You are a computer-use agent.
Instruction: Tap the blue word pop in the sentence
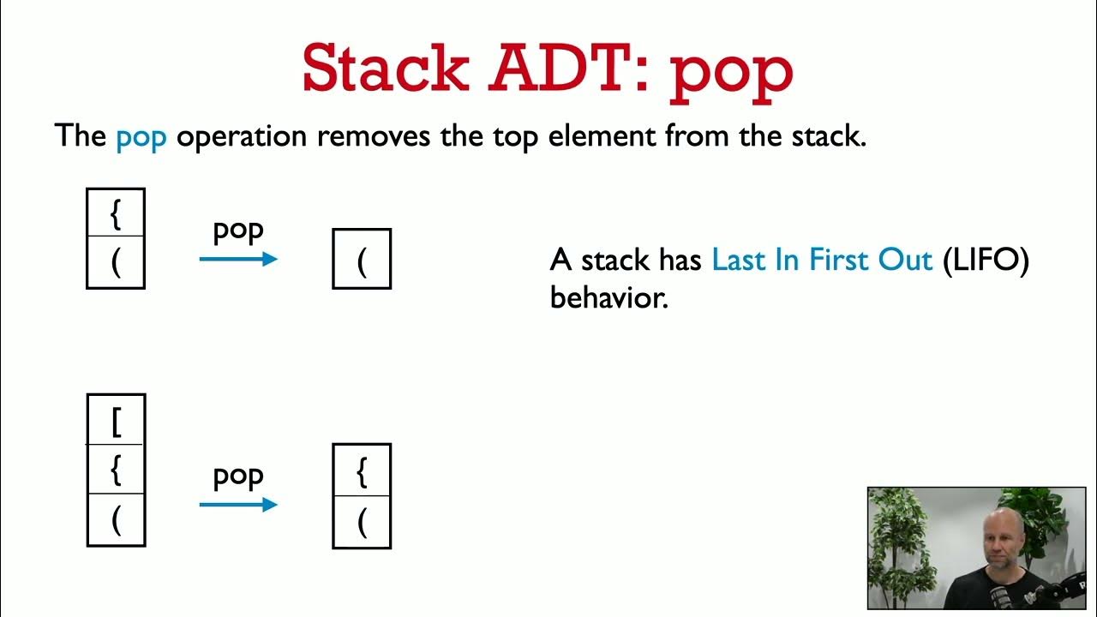(x=141, y=136)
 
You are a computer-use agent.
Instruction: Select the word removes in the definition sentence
(x=374, y=136)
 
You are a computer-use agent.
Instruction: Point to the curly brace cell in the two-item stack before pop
(x=116, y=214)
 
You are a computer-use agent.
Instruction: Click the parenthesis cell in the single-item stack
(x=362, y=259)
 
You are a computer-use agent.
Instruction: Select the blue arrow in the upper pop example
(x=238, y=258)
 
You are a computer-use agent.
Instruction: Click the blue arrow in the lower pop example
(x=238, y=505)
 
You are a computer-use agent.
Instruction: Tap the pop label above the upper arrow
(x=238, y=231)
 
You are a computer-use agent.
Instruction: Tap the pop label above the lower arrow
(x=238, y=476)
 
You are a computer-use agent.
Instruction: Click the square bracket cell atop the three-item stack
(x=116, y=420)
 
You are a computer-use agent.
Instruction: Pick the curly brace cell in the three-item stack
(x=116, y=470)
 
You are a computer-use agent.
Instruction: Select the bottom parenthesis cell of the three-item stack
(x=116, y=520)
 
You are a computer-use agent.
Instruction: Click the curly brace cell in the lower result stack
(x=362, y=470)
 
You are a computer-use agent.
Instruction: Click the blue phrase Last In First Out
(x=822, y=260)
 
